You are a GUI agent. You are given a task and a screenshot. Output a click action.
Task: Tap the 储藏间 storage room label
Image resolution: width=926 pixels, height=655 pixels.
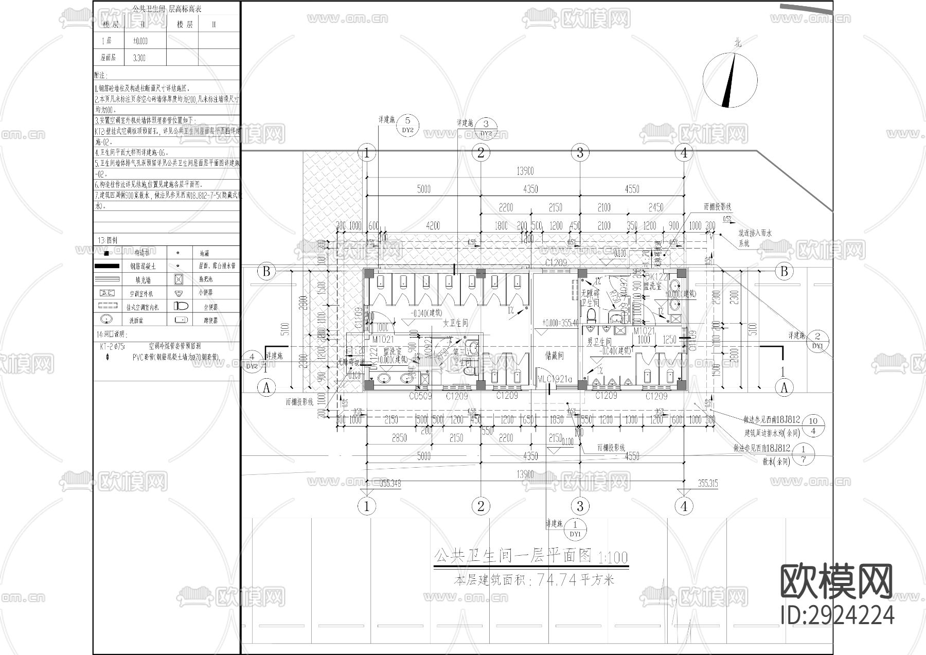point(554,355)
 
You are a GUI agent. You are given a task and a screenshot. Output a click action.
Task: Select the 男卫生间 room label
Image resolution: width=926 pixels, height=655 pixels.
point(599,342)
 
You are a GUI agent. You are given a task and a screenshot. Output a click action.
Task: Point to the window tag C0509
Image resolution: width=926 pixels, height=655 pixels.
point(420,396)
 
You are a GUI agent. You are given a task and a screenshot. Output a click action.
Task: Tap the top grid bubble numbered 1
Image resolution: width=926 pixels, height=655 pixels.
point(366,153)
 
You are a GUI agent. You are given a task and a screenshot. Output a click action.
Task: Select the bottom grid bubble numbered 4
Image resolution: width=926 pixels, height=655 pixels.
point(684,506)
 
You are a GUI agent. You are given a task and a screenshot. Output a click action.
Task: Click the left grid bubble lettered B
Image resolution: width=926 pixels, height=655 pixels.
point(266,272)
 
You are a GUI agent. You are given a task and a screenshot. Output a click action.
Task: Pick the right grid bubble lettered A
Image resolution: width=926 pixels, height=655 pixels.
point(784,388)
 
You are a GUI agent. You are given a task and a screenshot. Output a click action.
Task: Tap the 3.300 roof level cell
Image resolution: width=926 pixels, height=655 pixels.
point(139,58)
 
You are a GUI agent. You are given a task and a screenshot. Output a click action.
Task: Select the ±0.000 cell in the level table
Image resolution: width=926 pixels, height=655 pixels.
point(140,41)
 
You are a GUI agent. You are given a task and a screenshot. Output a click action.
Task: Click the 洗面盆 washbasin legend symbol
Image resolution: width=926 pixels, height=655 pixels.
point(107,320)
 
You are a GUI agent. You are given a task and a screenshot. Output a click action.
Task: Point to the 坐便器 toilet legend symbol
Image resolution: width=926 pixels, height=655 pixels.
point(182,306)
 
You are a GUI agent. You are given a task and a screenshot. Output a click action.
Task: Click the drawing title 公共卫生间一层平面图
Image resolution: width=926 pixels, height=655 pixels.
point(514,556)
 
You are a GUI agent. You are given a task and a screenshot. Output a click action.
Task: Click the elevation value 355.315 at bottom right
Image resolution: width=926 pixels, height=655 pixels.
point(708,484)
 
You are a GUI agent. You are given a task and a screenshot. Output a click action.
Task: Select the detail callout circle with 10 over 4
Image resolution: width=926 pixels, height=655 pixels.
point(813,426)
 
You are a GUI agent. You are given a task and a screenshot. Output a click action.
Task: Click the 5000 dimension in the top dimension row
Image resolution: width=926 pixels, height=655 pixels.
point(423,189)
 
